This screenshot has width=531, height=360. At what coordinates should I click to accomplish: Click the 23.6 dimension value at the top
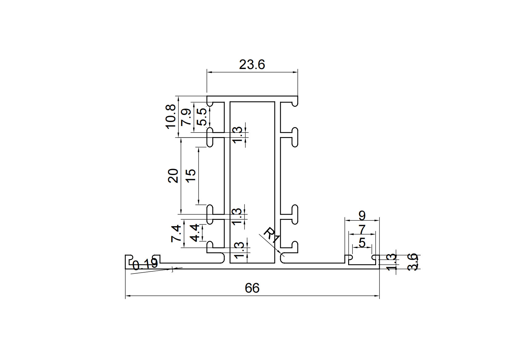252,65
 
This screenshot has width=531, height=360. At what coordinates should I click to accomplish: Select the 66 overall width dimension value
252,288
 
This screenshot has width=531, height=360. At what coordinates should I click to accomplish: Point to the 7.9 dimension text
186,117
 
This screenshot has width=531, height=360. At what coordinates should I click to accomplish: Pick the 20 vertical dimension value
173,176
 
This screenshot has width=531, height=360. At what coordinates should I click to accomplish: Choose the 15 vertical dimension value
191,176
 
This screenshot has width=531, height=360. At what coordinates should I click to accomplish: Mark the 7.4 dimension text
176,234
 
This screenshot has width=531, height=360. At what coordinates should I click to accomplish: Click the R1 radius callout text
272,236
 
